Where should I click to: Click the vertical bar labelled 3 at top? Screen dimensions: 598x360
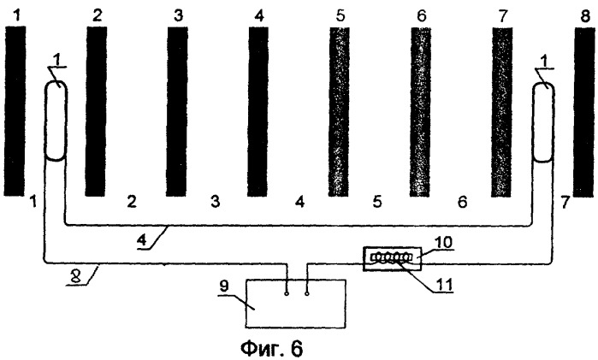tap(177, 111)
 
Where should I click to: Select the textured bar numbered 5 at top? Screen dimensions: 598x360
tap(339, 111)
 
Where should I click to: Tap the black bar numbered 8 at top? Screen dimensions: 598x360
tap(584, 113)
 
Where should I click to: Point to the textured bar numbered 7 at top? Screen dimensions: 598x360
tap(502, 112)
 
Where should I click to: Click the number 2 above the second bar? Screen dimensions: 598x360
tap(98, 16)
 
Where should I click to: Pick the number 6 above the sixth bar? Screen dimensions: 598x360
tap(422, 16)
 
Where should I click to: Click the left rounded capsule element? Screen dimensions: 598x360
tap(56, 121)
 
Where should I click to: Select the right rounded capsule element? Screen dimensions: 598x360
tap(543, 121)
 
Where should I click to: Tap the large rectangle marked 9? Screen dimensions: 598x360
tap(296, 304)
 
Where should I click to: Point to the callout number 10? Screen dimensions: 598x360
tap(444, 242)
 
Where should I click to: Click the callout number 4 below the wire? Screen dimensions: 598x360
tap(141, 240)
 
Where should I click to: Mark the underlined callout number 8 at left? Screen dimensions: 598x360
tap(75, 277)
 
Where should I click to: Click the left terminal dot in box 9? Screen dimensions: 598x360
tap(287, 293)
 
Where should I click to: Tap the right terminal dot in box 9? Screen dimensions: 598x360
tap(306, 293)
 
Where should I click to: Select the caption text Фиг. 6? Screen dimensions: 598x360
tap(271, 348)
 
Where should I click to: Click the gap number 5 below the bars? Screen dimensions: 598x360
tap(377, 201)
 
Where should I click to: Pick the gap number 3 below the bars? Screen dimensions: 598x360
tap(216, 201)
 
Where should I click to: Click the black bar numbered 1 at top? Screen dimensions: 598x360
tap(15, 111)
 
